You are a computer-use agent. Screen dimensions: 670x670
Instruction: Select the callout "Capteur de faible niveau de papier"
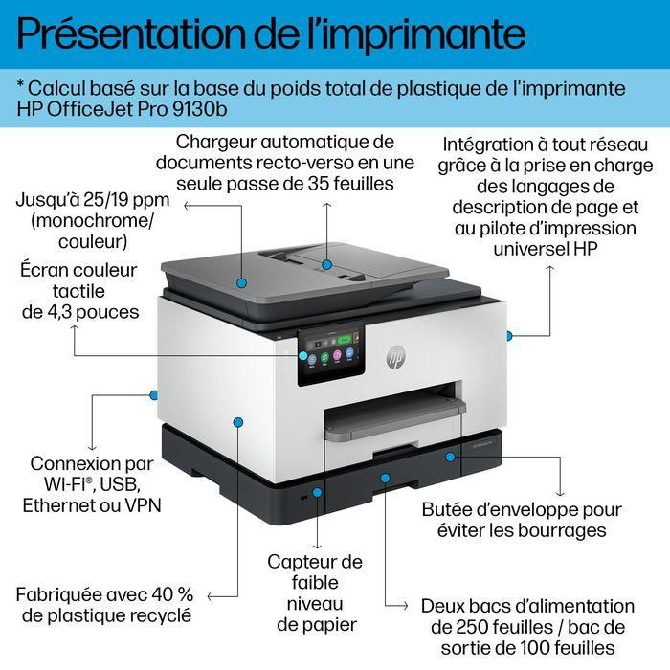(314, 592)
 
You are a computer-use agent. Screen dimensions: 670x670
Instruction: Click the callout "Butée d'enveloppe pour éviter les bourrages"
(522, 520)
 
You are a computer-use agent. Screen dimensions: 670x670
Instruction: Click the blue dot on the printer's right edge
(509, 335)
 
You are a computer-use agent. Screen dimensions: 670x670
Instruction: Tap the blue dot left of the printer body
(153, 393)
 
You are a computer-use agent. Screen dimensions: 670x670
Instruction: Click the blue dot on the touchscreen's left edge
(302, 354)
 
